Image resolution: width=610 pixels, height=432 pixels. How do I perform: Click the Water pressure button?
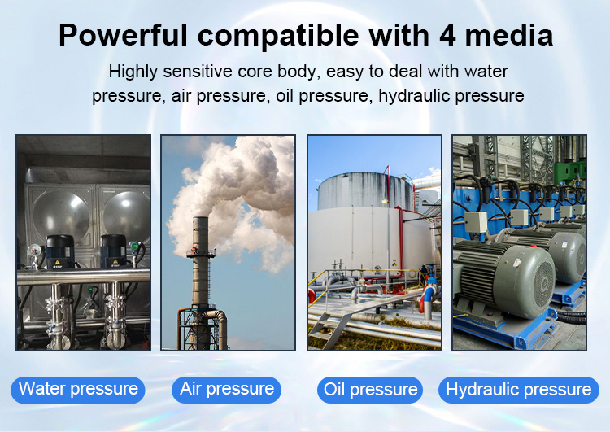(x=78, y=390)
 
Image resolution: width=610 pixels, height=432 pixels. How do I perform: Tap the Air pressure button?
(x=226, y=390)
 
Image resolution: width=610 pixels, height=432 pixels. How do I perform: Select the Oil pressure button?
(x=370, y=390)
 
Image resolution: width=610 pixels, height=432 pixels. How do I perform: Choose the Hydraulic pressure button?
(x=519, y=390)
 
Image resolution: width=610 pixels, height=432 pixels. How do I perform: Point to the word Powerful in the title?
(x=124, y=36)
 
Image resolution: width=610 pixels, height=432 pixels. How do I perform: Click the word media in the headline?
(x=509, y=36)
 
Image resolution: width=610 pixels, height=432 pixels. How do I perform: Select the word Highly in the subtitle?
(x=133, y=72)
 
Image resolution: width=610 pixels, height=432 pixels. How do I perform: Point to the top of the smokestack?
(x=200, y=217)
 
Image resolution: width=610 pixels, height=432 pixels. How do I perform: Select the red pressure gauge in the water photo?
(x=35, y=251)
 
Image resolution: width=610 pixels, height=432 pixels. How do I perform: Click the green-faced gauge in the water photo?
(x=135, y=247)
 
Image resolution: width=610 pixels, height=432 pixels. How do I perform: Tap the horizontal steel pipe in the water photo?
(x=83, y=277)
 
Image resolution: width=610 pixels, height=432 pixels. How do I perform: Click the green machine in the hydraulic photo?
(x=569, y=170)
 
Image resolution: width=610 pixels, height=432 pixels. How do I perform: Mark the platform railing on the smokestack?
(x=200, y=253)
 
